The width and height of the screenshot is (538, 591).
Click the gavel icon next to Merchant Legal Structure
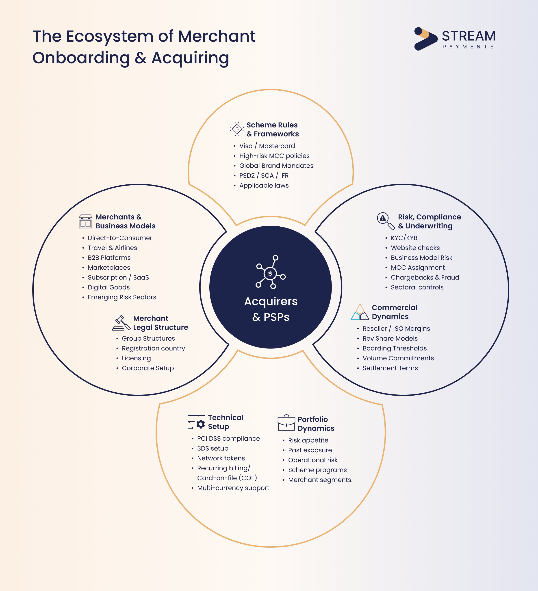click(x=121, y=323)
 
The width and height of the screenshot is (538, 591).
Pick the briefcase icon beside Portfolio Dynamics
click(x=286, y=423)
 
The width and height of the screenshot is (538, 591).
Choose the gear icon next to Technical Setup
click(x=200, y=424)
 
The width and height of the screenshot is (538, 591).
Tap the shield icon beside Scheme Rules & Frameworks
click(x=237, y=129)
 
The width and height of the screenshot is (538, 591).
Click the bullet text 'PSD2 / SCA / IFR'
click(x=264, y=176)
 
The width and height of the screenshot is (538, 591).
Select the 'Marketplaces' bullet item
click(x=109, y=268)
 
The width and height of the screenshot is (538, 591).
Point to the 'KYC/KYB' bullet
click(x=404, y=238)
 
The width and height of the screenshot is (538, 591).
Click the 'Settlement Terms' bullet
click(x=390, y=368)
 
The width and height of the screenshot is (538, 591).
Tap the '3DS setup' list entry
click(x=213, y=449)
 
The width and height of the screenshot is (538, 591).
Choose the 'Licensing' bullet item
click(x=136, y=358)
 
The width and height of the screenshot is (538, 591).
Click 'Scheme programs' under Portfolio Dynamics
click(x=317, y=470)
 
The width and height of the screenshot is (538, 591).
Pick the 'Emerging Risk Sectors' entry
click(x=122, y=297)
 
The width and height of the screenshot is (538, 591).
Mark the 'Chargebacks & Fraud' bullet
click(x=425, y=277)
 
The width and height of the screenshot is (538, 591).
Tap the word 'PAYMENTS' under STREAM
click(x=468, y=47)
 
